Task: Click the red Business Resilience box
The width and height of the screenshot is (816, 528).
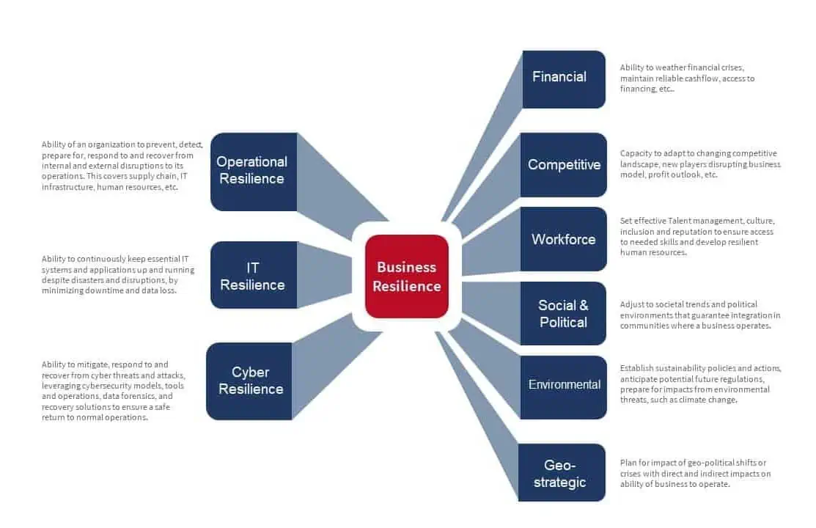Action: [x=407, y=276]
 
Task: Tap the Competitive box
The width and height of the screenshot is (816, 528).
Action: [x=563, y=165]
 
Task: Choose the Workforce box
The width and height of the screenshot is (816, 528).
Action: [x=563, y=239]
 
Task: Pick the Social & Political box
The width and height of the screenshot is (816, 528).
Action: [x=563, y=313]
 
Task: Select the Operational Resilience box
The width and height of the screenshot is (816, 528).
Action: [x=253, y=171]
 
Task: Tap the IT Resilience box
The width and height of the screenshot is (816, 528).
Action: [x=253, y=276]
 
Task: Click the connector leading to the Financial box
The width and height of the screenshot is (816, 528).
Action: [x=484, y=147]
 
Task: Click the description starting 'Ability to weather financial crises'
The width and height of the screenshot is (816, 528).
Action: [x=687, y=78]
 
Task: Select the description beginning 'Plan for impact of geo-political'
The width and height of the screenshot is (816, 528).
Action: [x=695, y=473]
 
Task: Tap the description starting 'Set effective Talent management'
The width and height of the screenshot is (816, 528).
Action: [x=696, y=236]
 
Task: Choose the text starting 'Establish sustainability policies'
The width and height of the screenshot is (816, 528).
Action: [x=700, y=384]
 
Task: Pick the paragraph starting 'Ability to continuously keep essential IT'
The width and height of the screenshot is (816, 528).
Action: [x=118, y=275]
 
